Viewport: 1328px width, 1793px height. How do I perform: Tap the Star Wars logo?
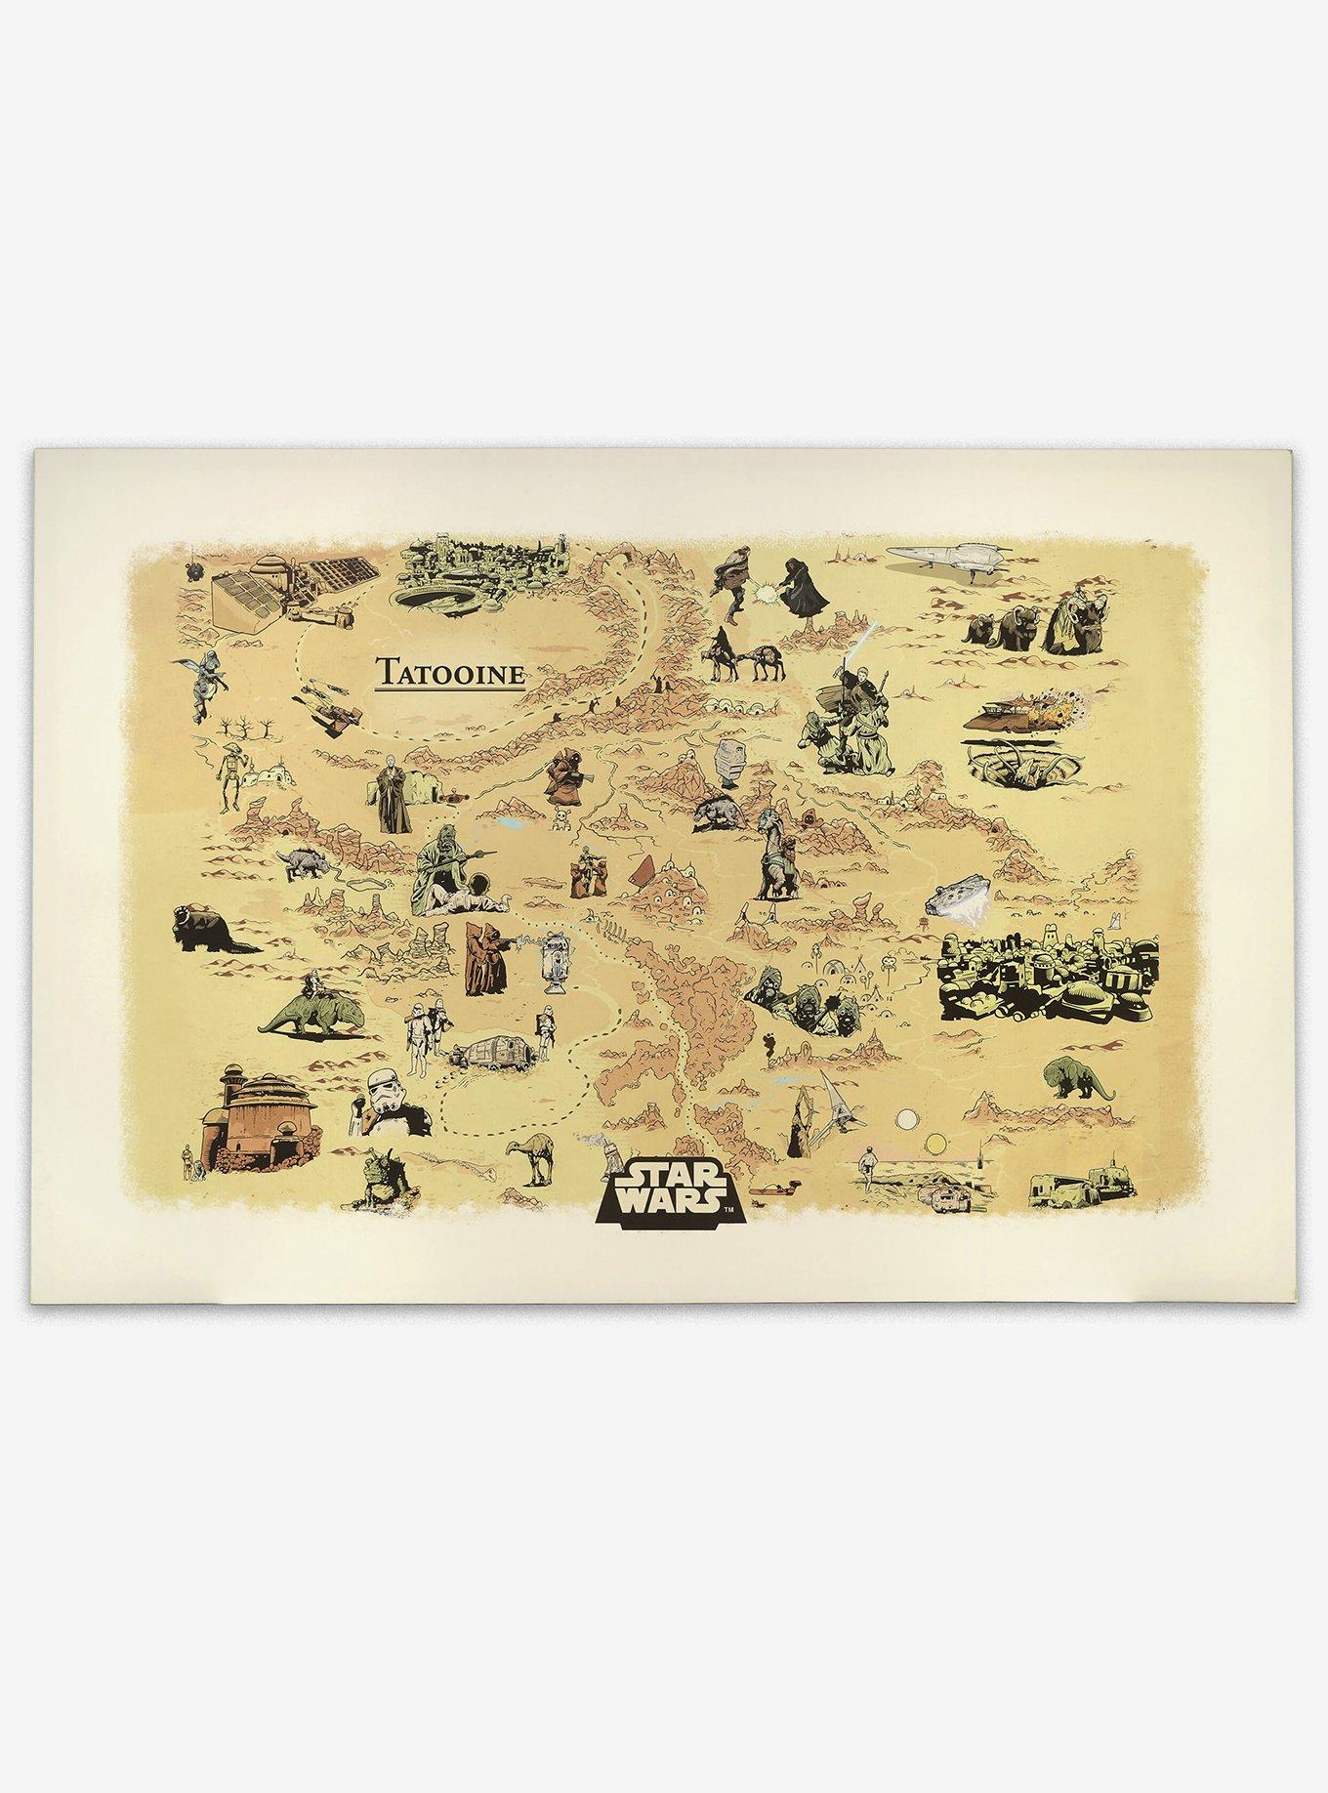[671, 1188]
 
